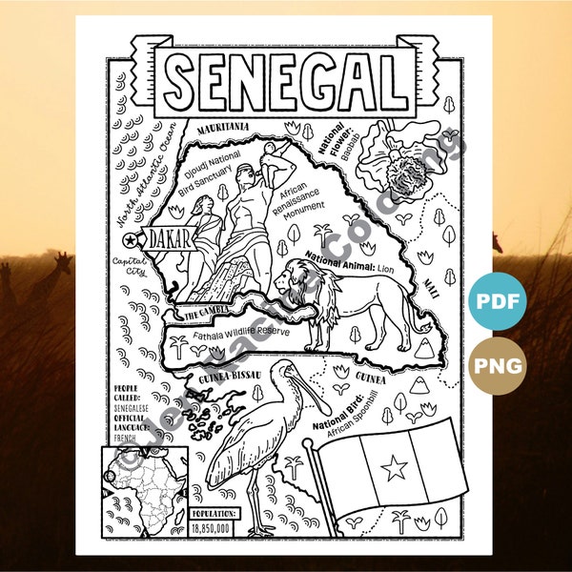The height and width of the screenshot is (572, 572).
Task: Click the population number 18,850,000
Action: click(214, 524)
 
